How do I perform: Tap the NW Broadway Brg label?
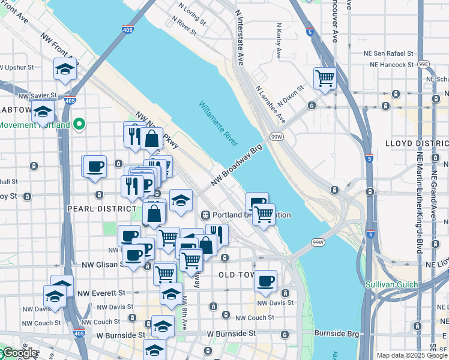[237, 164]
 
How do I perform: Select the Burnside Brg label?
[334, 332]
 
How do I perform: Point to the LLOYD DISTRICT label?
[417, 143]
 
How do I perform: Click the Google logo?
[19, 353]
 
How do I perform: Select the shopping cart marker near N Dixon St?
[325, 78]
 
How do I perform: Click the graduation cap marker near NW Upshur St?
[65, 70]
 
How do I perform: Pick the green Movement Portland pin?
[79, 125]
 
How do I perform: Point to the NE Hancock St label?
[392, 64]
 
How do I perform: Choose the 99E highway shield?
[424, 64]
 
